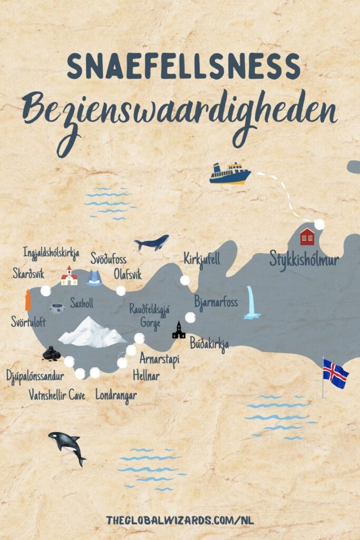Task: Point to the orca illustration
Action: pyautogui.click(x=67, y=446)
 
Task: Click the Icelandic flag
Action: pyautogui.click(x=335, y=374)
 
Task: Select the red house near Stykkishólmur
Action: pyautogui.click(x=307, y=237)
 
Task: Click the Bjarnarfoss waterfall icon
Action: pyautogui.click(x=252, y=303)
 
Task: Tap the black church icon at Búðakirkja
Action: pyautogui.click(x=179, y=330)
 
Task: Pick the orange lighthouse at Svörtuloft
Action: pyautogui.click(x=28, y=300)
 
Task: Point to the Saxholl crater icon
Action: pyautogui.click(x=57, y=307)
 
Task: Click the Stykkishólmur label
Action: pyautogui.click(x=304, y=260)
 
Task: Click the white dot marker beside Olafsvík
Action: pyautogui.click(x=121, y=291)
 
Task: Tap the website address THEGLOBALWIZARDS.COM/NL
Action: pyautogui.click(x=180, y=520)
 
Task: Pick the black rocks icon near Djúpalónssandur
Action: pyautogui.click(x=51, y=353)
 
